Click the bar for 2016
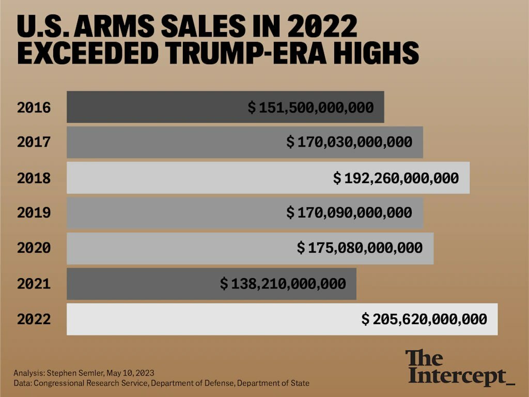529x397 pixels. (155, 108)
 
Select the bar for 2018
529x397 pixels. (196, 178)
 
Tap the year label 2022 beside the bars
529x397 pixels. (34, 319)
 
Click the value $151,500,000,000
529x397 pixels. (310, 108)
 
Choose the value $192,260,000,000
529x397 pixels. (396, 178)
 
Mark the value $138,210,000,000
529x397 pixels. (283, 284)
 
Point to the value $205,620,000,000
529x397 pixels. (424, 319)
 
